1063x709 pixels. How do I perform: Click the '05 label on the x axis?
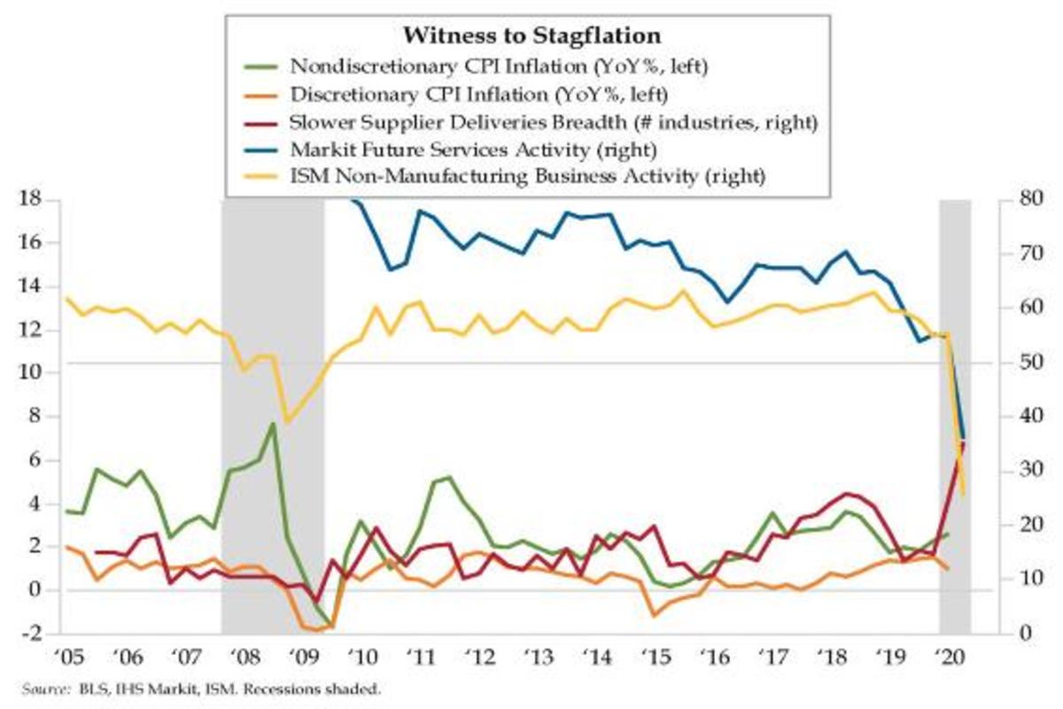67,658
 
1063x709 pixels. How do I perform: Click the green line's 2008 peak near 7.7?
273,424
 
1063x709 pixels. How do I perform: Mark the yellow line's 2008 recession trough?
285,421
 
